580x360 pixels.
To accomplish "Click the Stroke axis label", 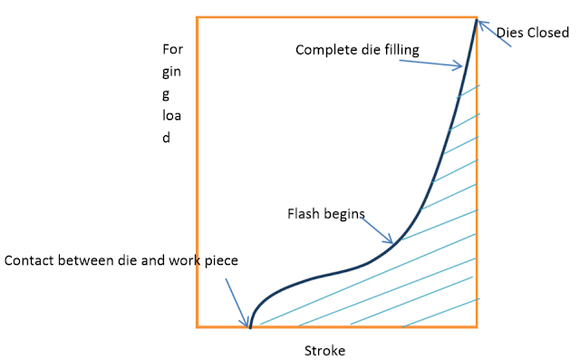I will click(324, 349).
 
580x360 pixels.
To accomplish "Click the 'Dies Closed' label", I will click(533, 32).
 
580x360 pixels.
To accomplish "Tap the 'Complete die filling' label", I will click(357, 50).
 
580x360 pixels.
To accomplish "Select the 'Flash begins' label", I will click(325, 215).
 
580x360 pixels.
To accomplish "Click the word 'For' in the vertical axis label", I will click(171, 49).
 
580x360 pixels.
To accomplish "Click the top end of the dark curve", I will click(475, 18).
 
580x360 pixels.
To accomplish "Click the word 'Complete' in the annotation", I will click(323, 50).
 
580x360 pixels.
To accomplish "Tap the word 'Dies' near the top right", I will click(510, 32).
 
